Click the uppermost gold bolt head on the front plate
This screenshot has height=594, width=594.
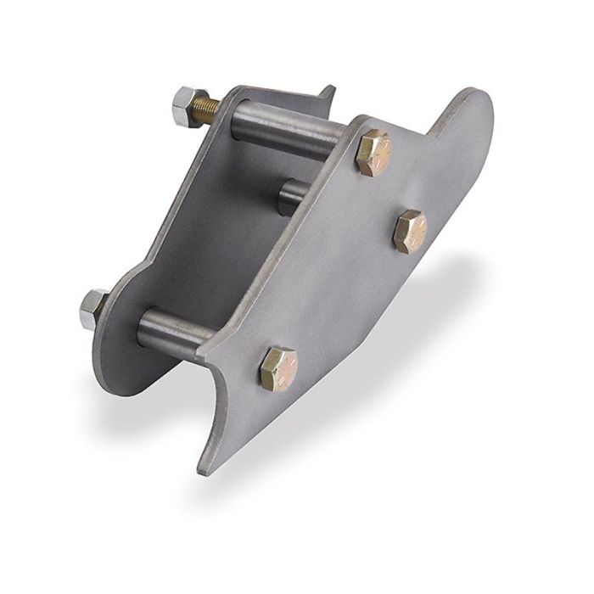click(x=373, y=153)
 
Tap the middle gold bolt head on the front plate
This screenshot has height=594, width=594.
click(x=410, y=229)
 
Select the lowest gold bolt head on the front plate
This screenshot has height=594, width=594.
click(x=278, y=367)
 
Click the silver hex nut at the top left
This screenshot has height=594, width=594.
click(x=186, y=106)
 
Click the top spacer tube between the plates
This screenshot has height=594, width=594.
click(x=289, y=127)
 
